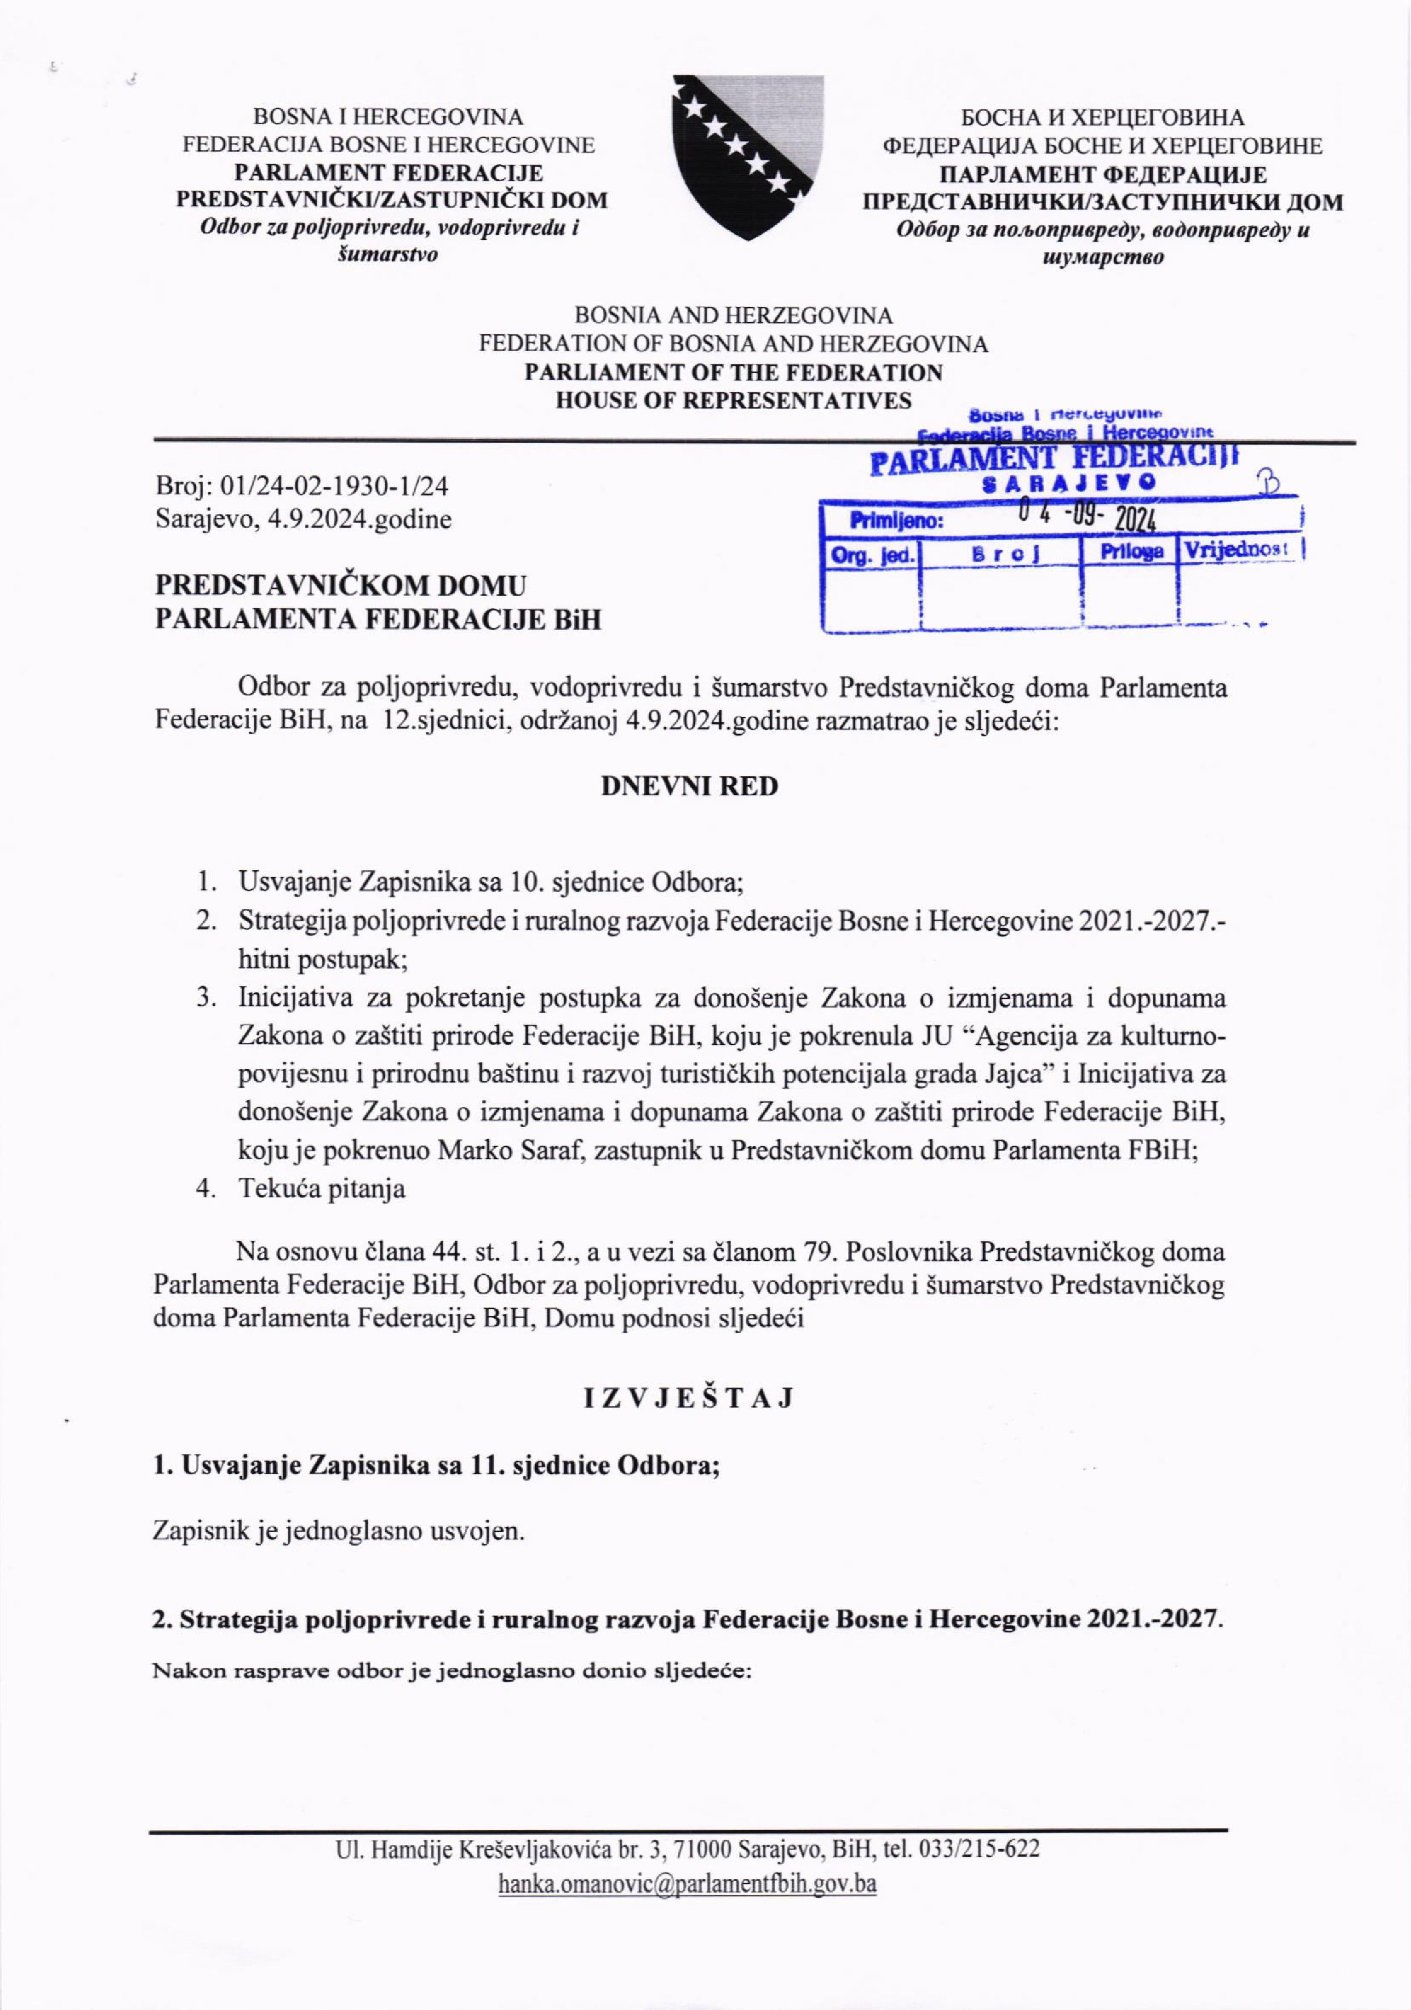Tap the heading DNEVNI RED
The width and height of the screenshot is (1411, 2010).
point(689,786)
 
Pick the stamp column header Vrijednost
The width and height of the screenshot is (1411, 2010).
point(1237,551)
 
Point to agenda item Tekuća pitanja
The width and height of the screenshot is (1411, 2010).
point(321,1189)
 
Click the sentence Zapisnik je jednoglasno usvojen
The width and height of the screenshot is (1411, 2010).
point(339,1532)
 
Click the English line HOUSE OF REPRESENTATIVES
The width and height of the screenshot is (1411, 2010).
point(734,401)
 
